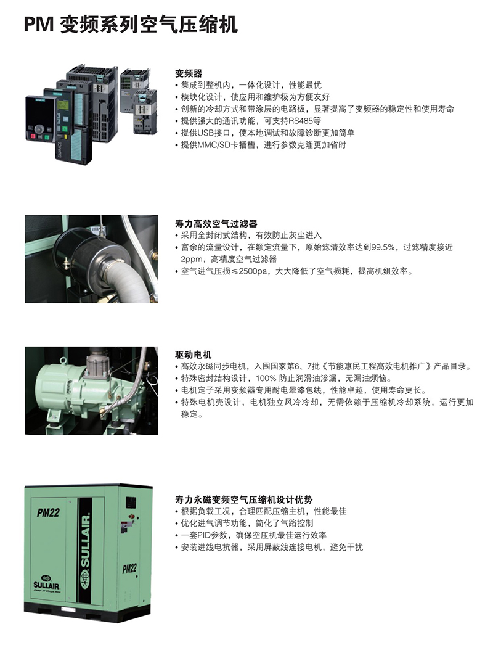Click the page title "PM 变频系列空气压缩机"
coord(131,24)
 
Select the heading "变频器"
coord(189,73)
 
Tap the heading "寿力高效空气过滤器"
coord(216,224)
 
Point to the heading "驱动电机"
coord(194,355)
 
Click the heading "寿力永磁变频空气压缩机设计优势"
coord(244,500)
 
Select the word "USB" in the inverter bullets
coord(206,133)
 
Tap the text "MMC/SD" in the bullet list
coord(214,145)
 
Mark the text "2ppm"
coord(192,260)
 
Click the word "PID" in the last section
coord(204,536)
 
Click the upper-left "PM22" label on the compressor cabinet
coord(48,512)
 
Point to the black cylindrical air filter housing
coord(85,252)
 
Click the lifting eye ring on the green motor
coord(63,361)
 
